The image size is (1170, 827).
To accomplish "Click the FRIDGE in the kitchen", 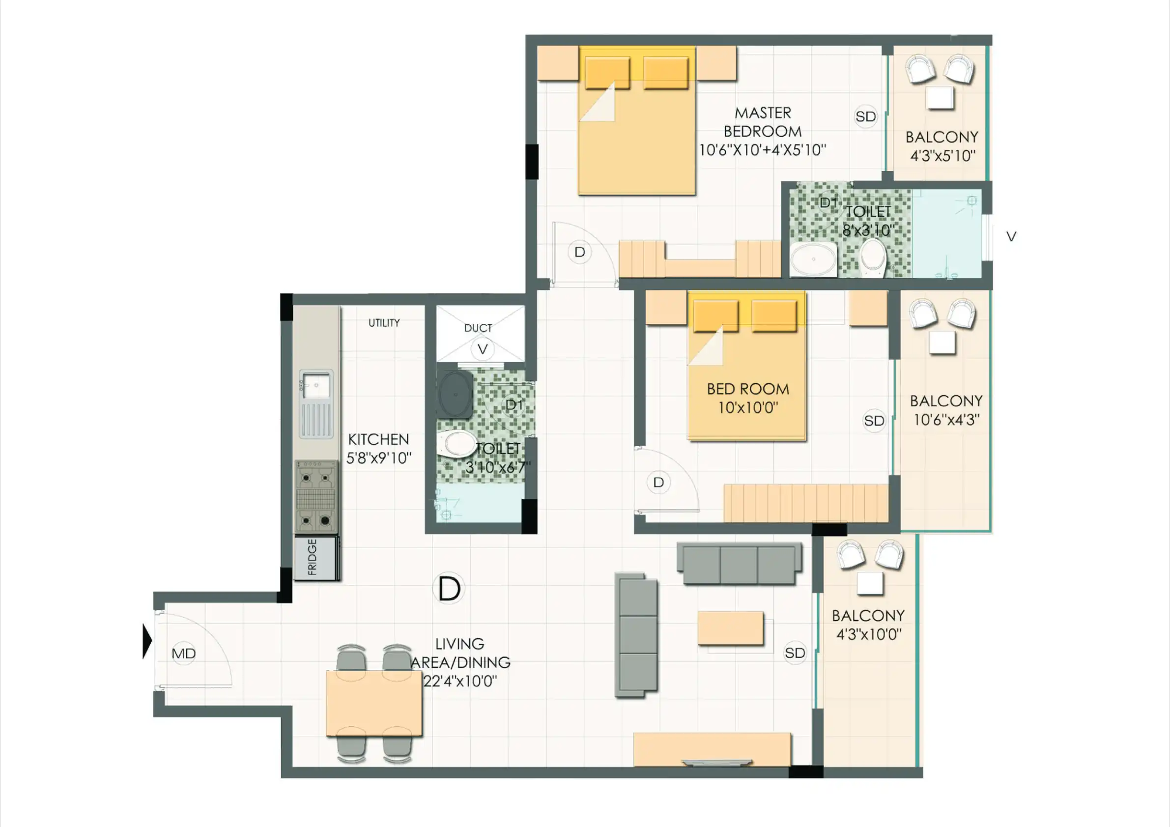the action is click(x=316, y=557).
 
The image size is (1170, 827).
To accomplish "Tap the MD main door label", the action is click(x=183, y=653).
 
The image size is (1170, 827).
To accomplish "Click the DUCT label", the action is click(x=478, y=328).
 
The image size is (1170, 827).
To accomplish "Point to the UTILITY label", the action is click(x=384, y=322).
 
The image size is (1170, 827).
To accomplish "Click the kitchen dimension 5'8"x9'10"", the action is click(x=379, y=457).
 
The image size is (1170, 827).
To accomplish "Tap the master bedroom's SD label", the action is click(x=866, y=116).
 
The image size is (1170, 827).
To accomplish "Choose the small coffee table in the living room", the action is click(x=730, y=628).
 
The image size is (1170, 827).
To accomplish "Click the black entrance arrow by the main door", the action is click(x=147, y=642).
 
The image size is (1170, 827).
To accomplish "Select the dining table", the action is click(x=374, y=704).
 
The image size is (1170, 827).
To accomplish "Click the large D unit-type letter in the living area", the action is click(x=449, y=589).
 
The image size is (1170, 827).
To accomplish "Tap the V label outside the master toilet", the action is click(x=1011, y=236).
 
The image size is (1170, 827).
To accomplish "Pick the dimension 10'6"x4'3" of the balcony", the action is click(x=946, y=420).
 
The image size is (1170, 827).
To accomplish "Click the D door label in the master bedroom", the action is click(x=579, y=252).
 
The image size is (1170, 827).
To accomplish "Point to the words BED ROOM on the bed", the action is click(x=748, y=389).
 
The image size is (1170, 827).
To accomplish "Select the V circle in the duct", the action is click(x=482, y=349).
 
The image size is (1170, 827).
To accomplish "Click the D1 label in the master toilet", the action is click(x=828, y=202).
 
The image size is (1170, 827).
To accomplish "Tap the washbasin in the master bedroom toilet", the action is click(x=813, y=259).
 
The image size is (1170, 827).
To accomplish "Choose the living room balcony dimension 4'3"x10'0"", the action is click(x=869, y=634).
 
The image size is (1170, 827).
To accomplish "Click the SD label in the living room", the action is click(x=795, y=653).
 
